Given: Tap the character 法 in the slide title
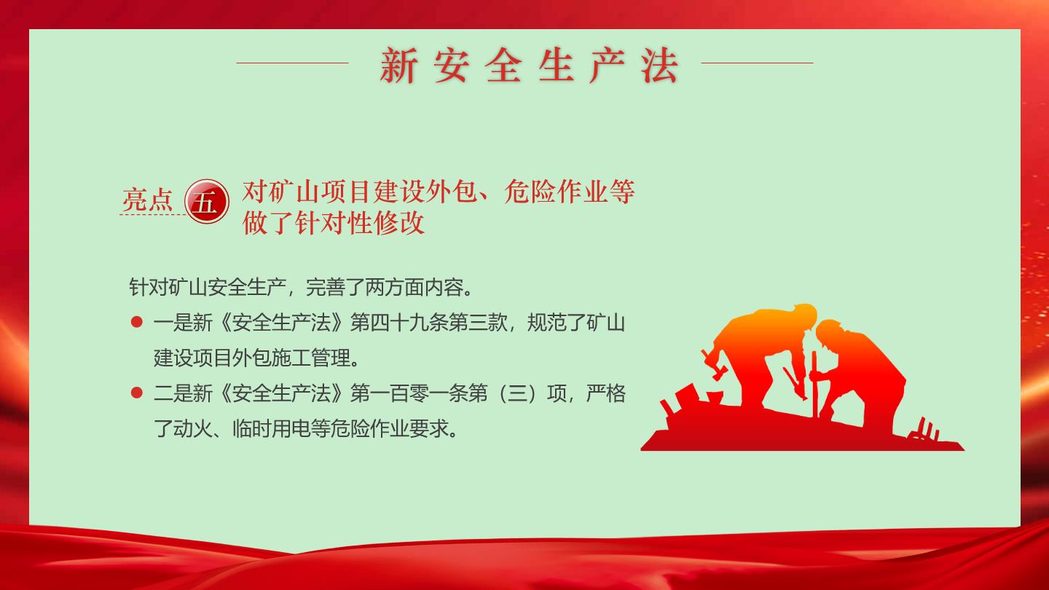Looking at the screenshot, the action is (659, 66).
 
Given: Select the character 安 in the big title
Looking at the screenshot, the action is (450, 66).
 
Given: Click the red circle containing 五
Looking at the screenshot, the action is (207, 201).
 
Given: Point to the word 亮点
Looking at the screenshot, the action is (147, 200).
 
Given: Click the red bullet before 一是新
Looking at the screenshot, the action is (137, 322).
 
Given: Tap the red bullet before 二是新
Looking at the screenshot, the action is (137, 393).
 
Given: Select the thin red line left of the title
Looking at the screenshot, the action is (293, 63).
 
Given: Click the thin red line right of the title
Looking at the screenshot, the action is (758, 63).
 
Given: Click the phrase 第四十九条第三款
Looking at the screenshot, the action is (428, 323).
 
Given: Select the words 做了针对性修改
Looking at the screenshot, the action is (334, 223).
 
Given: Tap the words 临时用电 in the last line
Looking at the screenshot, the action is (271, 428).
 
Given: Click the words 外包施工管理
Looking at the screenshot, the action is (291, 358).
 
